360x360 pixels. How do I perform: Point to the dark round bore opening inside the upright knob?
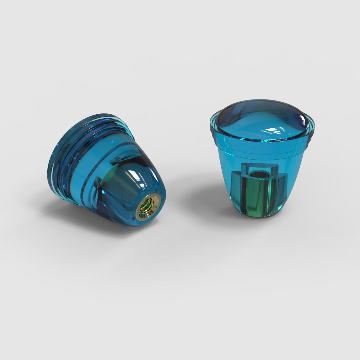click(x=260, y=175)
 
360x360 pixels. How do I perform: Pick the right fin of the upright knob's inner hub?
click(x=282, y=190)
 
